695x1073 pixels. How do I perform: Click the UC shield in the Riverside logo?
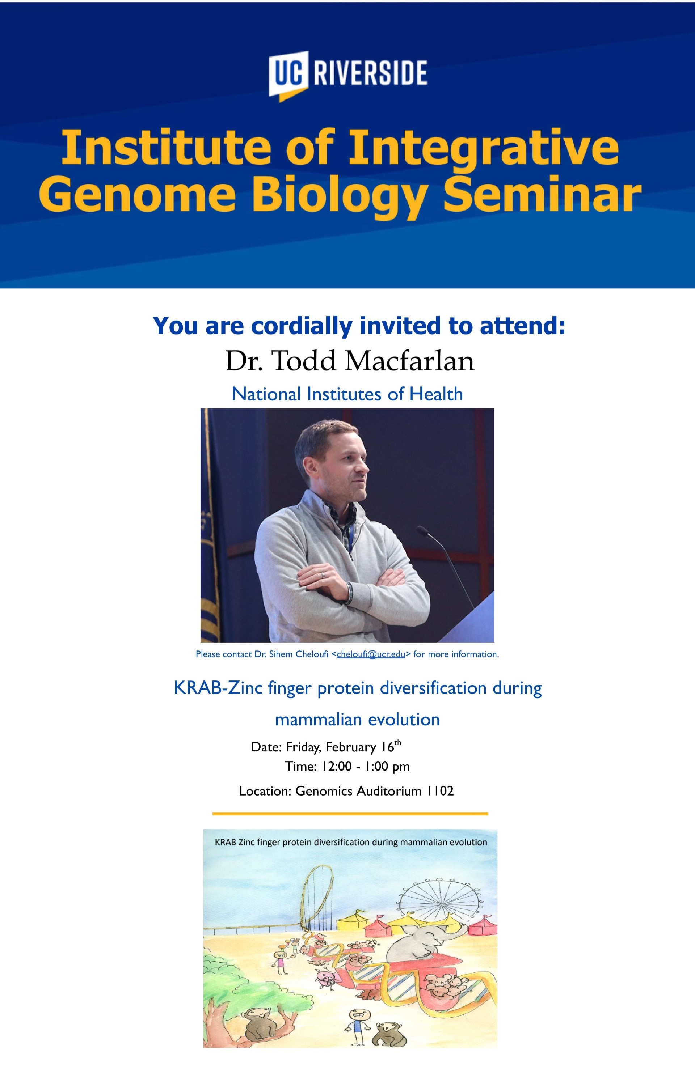click(x=288, y=75)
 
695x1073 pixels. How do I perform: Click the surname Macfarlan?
click(x=410, y=361)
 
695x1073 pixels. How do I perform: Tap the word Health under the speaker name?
click(x=436, y=394)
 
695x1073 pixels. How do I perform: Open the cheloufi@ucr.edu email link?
click(x=371, y=654)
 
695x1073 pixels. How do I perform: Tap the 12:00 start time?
click(x=336, y=767)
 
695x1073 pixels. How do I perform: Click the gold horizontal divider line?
click(x=350, y=814)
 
